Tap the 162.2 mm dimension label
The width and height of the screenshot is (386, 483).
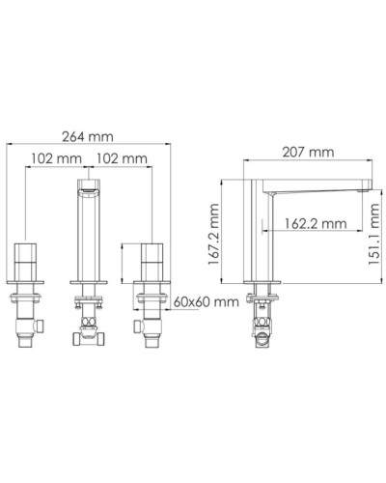tap(316, 224)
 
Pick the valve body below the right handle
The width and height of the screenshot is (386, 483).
tap(152, 319)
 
